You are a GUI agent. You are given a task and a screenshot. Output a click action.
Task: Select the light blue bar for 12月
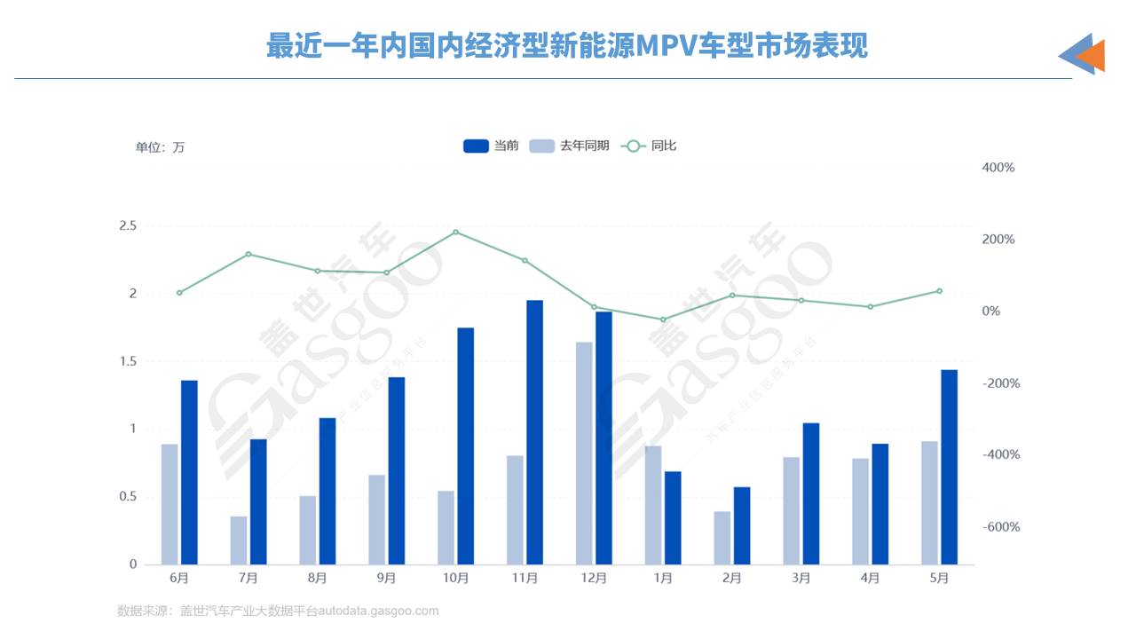pos(584,453)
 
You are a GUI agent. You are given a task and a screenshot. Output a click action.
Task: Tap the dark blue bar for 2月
pos(742,525)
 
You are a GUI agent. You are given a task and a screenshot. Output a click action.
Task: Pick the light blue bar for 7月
pos(239,540)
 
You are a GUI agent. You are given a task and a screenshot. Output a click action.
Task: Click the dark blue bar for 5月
pos(949,467)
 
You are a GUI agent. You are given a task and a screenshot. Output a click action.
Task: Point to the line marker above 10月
pos(455,233)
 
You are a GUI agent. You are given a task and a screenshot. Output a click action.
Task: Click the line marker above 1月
pos(663,319)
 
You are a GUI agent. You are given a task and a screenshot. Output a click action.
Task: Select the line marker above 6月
pos(179,293)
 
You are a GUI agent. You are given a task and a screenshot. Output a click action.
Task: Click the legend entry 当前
pos(491,146)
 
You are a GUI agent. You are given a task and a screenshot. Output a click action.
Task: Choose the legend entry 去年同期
pos(569,146)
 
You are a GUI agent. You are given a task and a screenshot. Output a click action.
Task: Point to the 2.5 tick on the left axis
pos(127,226)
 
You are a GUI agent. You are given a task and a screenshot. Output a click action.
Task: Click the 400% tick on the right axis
pos(998,168)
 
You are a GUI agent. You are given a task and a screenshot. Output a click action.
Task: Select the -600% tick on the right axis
pos(1000,527)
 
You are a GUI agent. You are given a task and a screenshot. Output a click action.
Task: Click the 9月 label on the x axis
pos(386,578)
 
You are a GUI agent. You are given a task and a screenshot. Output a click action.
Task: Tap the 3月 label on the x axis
pos(801,578)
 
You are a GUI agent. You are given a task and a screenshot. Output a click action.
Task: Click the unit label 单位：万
pos(160,147)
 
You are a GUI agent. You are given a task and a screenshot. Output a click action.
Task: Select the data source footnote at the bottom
pos(278,611)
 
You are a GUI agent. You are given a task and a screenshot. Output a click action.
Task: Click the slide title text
pos(567,46)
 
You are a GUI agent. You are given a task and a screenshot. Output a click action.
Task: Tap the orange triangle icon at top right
pos(1093,56)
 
